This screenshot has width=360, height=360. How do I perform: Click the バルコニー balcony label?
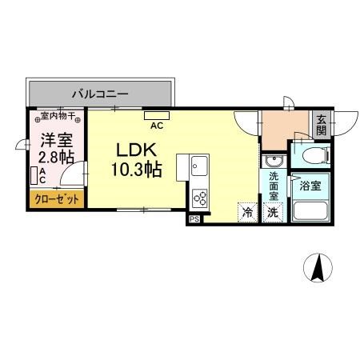coord(99,94)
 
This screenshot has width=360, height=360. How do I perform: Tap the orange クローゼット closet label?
coord(56,199)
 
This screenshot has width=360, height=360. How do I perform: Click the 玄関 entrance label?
coord(321,125)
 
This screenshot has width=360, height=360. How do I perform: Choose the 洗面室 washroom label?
coord(273,186)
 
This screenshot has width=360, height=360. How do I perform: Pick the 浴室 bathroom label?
coord(310,186)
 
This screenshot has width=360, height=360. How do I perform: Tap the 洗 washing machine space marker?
coord(272,213)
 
